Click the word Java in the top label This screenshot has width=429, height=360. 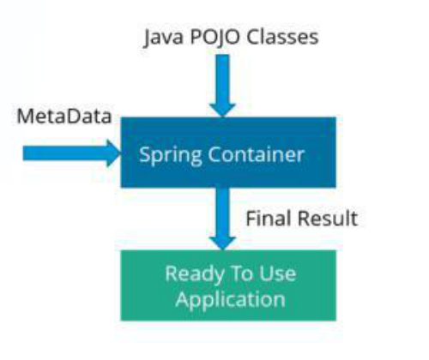coord(163,38)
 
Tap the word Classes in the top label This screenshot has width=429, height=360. coord(282,37)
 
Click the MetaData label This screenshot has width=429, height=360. coord(64,117)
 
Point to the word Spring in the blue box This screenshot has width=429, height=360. coord(171,156)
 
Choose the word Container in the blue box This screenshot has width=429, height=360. coord(256,154)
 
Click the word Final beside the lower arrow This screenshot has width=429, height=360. coord(269,219)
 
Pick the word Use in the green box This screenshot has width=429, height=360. coord(277,273)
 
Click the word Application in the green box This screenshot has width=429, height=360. coord(230,300)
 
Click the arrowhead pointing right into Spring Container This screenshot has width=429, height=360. coord(113,153)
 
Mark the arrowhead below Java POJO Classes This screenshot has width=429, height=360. coord(222,111)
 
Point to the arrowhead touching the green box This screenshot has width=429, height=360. coord(222,243)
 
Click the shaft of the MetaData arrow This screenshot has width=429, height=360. coord(65,153)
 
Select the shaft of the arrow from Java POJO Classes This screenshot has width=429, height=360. coord(222,80)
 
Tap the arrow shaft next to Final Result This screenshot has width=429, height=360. coord(222,213)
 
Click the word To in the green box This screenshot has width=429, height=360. coord(241,273)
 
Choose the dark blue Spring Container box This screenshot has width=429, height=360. coord(228,153)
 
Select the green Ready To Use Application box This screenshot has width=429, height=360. coord(228,285)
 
